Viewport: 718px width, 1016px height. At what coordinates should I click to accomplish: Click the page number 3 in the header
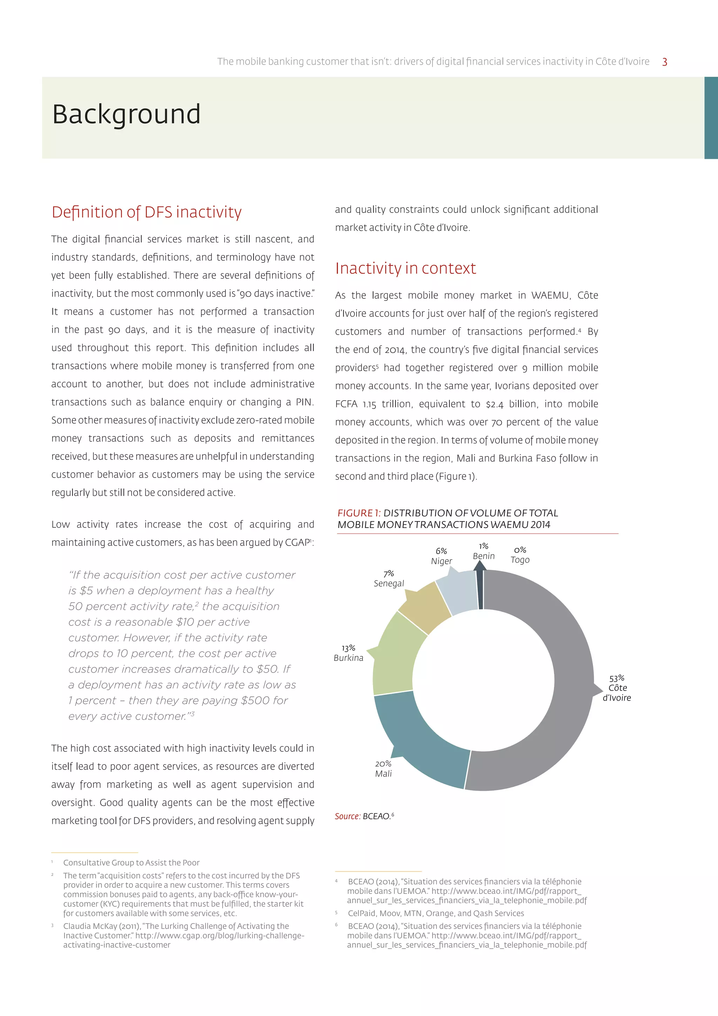coord(664,62)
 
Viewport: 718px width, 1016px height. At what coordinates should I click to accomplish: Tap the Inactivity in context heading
coord(405,268)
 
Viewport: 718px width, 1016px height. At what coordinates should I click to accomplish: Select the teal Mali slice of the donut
coord(415,743)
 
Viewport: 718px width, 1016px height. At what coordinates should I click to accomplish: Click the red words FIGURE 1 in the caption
coord(359,513)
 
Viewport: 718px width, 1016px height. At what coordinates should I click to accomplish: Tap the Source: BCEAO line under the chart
coord(364,816)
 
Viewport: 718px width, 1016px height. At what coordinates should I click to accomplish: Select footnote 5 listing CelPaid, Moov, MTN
coord(435,913)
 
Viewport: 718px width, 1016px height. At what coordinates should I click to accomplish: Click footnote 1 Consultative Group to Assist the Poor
coord(131,862)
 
